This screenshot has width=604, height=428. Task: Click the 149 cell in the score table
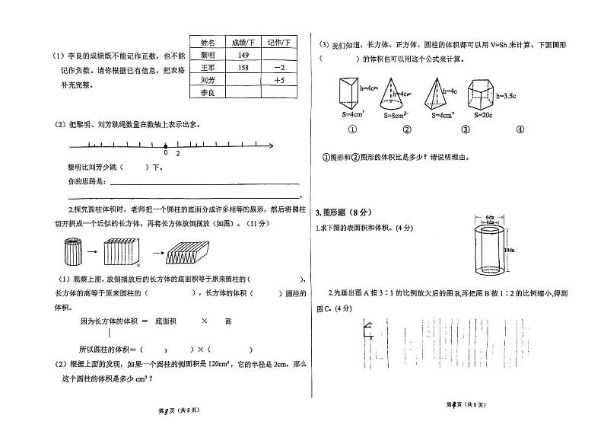coord(244,56)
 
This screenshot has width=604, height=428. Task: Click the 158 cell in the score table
coord(244,68)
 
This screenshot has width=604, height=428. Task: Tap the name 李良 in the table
coord(208,92)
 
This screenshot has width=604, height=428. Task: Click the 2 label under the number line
coord(178,154)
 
